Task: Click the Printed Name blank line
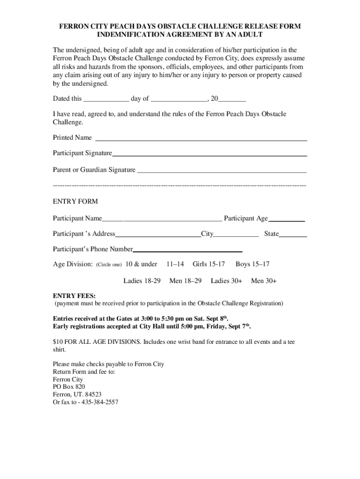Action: pos(201,139)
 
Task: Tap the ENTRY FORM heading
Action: pos(75,202)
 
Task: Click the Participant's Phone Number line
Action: pos(187,251)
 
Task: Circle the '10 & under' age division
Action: pos(142,264)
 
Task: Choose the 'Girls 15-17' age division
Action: pos(209,264)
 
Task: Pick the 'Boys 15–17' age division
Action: pos(252,264)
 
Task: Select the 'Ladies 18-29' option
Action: pos(142,281)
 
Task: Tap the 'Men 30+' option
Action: pos(264,281)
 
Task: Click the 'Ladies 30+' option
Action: pos(226,281)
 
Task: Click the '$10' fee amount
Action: pos(58,342)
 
